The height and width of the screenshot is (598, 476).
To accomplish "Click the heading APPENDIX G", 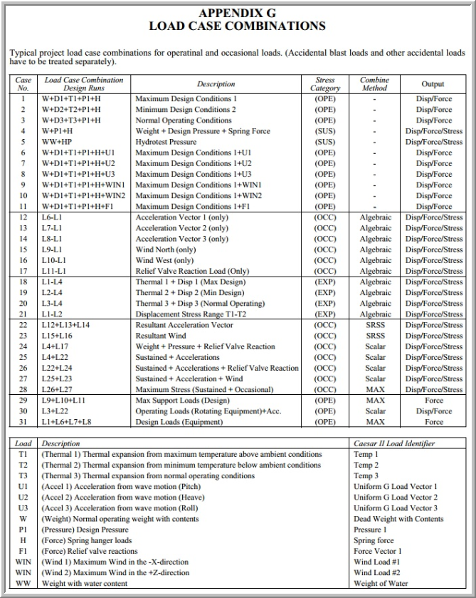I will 238,14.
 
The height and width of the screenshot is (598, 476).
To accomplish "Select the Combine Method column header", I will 375,84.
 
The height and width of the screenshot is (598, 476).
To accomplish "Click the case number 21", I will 23,314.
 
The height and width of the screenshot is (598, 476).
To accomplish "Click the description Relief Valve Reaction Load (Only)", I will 193,271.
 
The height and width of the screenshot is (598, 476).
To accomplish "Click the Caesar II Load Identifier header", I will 394,443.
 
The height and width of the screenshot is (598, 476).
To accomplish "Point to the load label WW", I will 23,583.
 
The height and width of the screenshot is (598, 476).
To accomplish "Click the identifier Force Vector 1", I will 378,551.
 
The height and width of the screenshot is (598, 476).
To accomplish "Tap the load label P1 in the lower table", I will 23,530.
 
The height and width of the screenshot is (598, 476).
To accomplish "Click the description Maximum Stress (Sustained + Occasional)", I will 204,390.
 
